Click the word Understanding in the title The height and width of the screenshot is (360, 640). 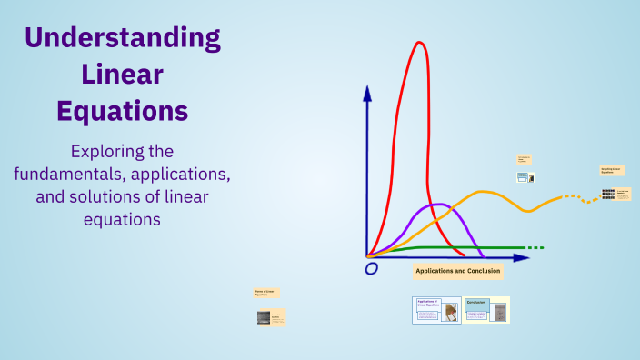122,38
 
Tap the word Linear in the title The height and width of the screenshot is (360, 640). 122,75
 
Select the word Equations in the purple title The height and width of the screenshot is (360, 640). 122,111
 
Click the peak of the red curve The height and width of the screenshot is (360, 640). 419,43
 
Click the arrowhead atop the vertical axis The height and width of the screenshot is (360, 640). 367,93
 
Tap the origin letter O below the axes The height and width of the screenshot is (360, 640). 371,269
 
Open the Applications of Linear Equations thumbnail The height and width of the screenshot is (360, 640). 436,310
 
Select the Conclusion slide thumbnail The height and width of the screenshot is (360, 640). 486,310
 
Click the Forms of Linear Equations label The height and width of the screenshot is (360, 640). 266,293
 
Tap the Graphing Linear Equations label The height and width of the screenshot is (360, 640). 612,170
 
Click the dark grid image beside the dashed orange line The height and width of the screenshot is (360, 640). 608,194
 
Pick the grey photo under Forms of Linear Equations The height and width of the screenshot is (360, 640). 263,317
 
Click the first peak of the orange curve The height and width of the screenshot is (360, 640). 482,192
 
